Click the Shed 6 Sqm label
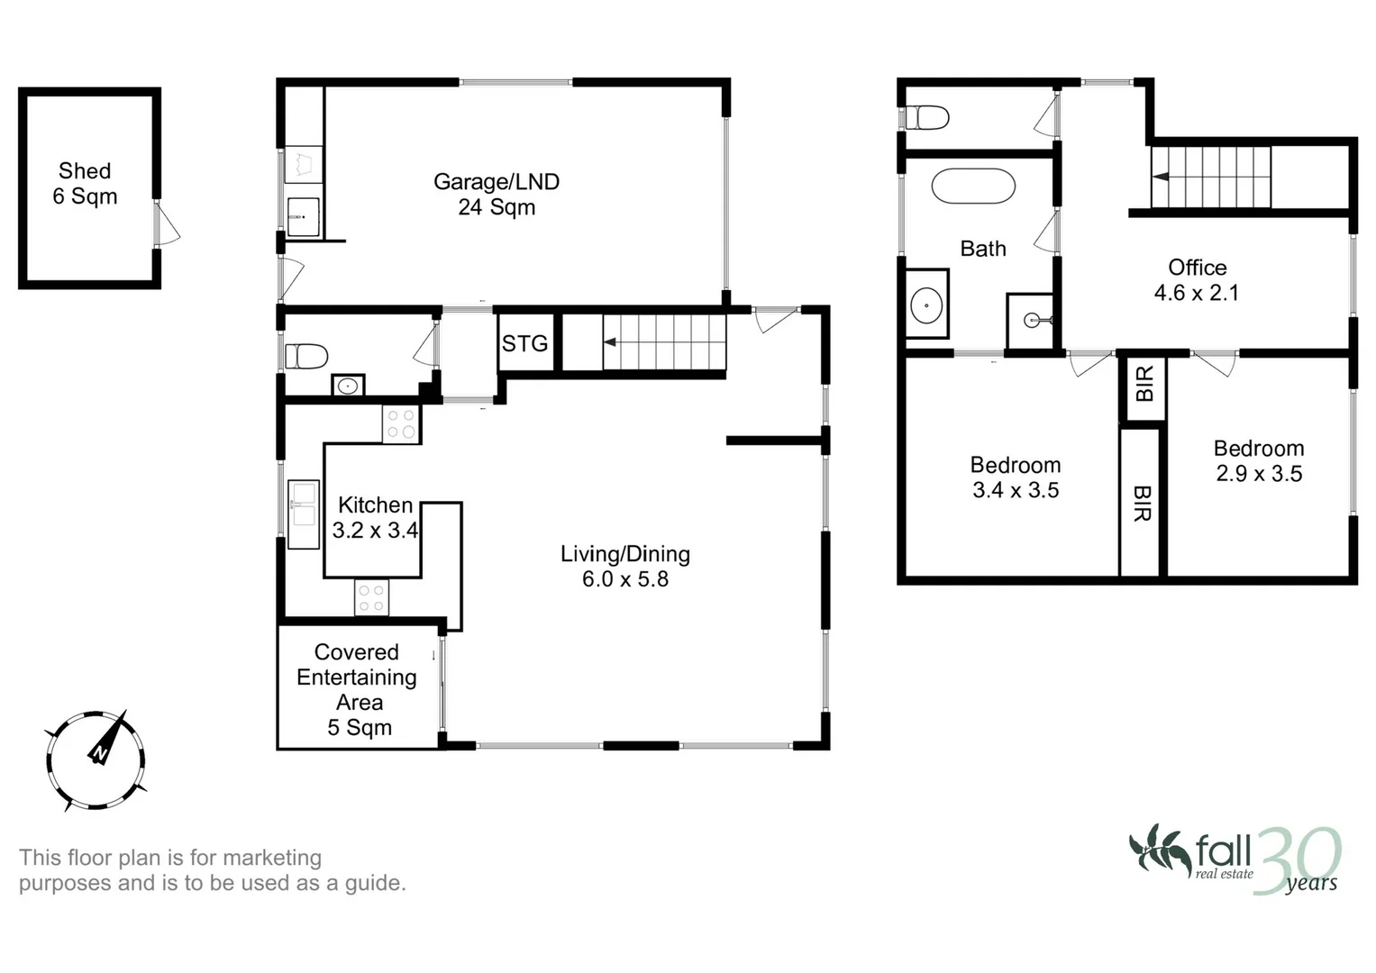pyautogui.click(x=85, y=184)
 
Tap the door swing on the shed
pyautogui.click(x=167, y=224)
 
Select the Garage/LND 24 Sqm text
pyautogui.click(x=497, y=195)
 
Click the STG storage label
pyautogui.click(x=524, y=343)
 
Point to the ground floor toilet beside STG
pyautogui.click(x=305, y=357)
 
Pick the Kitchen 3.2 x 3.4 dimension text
pyautogui.click(x=375, y=518)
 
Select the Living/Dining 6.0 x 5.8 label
pyautogui.click(x=625, y=567)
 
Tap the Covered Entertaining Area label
pyautogui.click(x=358, y=689)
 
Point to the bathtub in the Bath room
pyautogui.click(x=972, y=186)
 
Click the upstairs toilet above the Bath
pyautogui.click(x=928, y=117)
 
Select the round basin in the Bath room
pyautogui.click(x=926, y=305)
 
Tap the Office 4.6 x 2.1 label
pyautogui.click(x=1197, y=280)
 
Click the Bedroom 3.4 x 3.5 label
pyautogui.click(x=1016, y=477)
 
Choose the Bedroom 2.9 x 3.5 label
pyautogui.click(x=1259, y=461)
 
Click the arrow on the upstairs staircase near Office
pyautogui.click(x=1162, y=177)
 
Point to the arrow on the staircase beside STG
pyautogui.click(x=611, y=342)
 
